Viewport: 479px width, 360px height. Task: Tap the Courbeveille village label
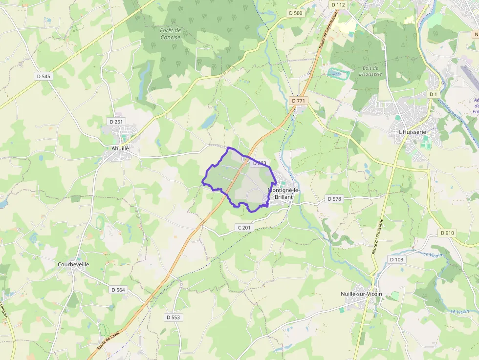73,264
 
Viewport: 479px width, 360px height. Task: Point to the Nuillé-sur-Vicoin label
361,294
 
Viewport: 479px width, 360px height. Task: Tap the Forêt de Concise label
170,34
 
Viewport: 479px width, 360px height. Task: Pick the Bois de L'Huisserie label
370,71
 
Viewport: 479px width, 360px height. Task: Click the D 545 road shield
44,76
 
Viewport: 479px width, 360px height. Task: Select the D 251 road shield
115,121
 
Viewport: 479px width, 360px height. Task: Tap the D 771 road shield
298,101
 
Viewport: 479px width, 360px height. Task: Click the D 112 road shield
338,5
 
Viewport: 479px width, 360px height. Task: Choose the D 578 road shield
334,199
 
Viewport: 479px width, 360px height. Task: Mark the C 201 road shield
244,228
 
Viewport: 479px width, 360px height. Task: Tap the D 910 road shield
447,233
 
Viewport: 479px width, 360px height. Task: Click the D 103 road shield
397,259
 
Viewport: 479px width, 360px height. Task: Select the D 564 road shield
118,290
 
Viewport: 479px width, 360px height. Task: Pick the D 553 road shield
173,317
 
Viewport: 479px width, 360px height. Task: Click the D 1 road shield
433,94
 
